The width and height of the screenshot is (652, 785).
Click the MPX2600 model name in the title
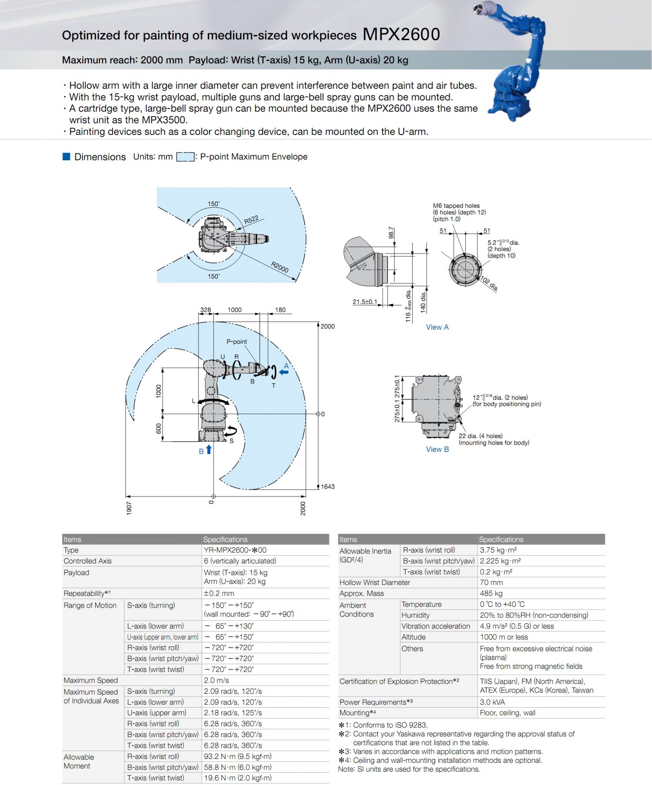401,34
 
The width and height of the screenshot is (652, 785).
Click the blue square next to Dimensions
66,156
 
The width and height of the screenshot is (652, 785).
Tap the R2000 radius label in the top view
279,267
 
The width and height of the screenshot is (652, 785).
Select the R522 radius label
251,220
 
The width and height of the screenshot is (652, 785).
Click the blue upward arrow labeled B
209,449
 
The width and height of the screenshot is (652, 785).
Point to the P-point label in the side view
236,342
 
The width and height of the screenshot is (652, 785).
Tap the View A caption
437,327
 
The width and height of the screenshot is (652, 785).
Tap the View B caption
437,449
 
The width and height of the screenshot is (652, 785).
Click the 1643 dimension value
327,486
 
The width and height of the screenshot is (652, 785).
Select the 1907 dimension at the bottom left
129,508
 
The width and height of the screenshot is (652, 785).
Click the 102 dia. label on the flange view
489,284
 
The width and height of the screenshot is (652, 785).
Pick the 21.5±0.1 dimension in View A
365,302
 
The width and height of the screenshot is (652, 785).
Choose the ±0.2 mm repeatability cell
219,593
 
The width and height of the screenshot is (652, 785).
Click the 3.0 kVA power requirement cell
492,702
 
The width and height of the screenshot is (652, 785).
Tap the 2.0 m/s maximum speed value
216,680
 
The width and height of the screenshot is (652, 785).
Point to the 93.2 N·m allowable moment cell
237,756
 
